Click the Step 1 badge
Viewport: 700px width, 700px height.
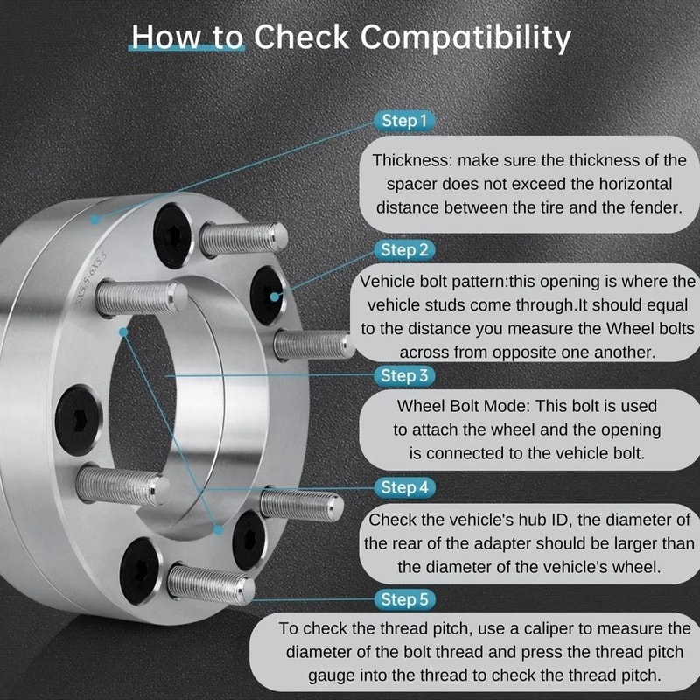point(405,121)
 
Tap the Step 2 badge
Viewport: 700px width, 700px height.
point(405,250)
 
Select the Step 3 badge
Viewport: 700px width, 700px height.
point(405,375)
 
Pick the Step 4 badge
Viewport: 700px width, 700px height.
point(405,486)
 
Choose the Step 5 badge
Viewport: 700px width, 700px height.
point(405,599)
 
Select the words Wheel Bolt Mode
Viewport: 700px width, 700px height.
point(463,407)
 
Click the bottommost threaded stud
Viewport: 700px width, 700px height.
point(209,584)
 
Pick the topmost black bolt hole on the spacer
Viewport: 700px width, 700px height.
point(172,230)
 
